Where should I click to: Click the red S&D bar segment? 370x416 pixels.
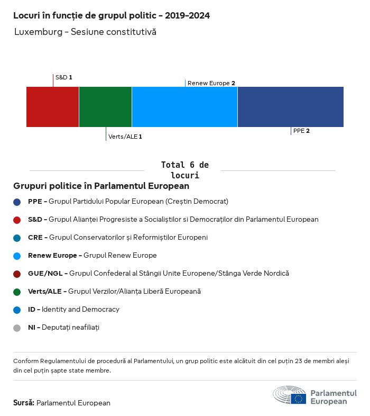52,107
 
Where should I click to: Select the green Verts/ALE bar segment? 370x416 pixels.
105,107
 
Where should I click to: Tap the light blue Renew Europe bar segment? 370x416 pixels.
184,107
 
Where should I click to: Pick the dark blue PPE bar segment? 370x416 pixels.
290,107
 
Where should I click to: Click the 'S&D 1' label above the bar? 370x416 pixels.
63,77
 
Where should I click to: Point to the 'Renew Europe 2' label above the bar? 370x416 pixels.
211,83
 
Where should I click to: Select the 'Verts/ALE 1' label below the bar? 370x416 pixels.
125,137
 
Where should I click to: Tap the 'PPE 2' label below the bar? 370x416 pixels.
301,131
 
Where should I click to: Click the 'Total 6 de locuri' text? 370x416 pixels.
184,170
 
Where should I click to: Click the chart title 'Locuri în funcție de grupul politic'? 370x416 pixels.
111,16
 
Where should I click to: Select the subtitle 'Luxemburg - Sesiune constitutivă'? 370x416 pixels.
85,32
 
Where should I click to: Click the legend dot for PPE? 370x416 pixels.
17,202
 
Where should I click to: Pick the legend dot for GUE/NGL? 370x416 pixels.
17,274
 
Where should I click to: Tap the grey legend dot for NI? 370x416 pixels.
17,328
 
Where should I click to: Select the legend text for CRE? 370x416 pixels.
117,238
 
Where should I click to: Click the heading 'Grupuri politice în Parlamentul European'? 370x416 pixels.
101,186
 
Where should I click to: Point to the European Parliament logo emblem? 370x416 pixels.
289,395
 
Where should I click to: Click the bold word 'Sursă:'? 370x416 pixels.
24,403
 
